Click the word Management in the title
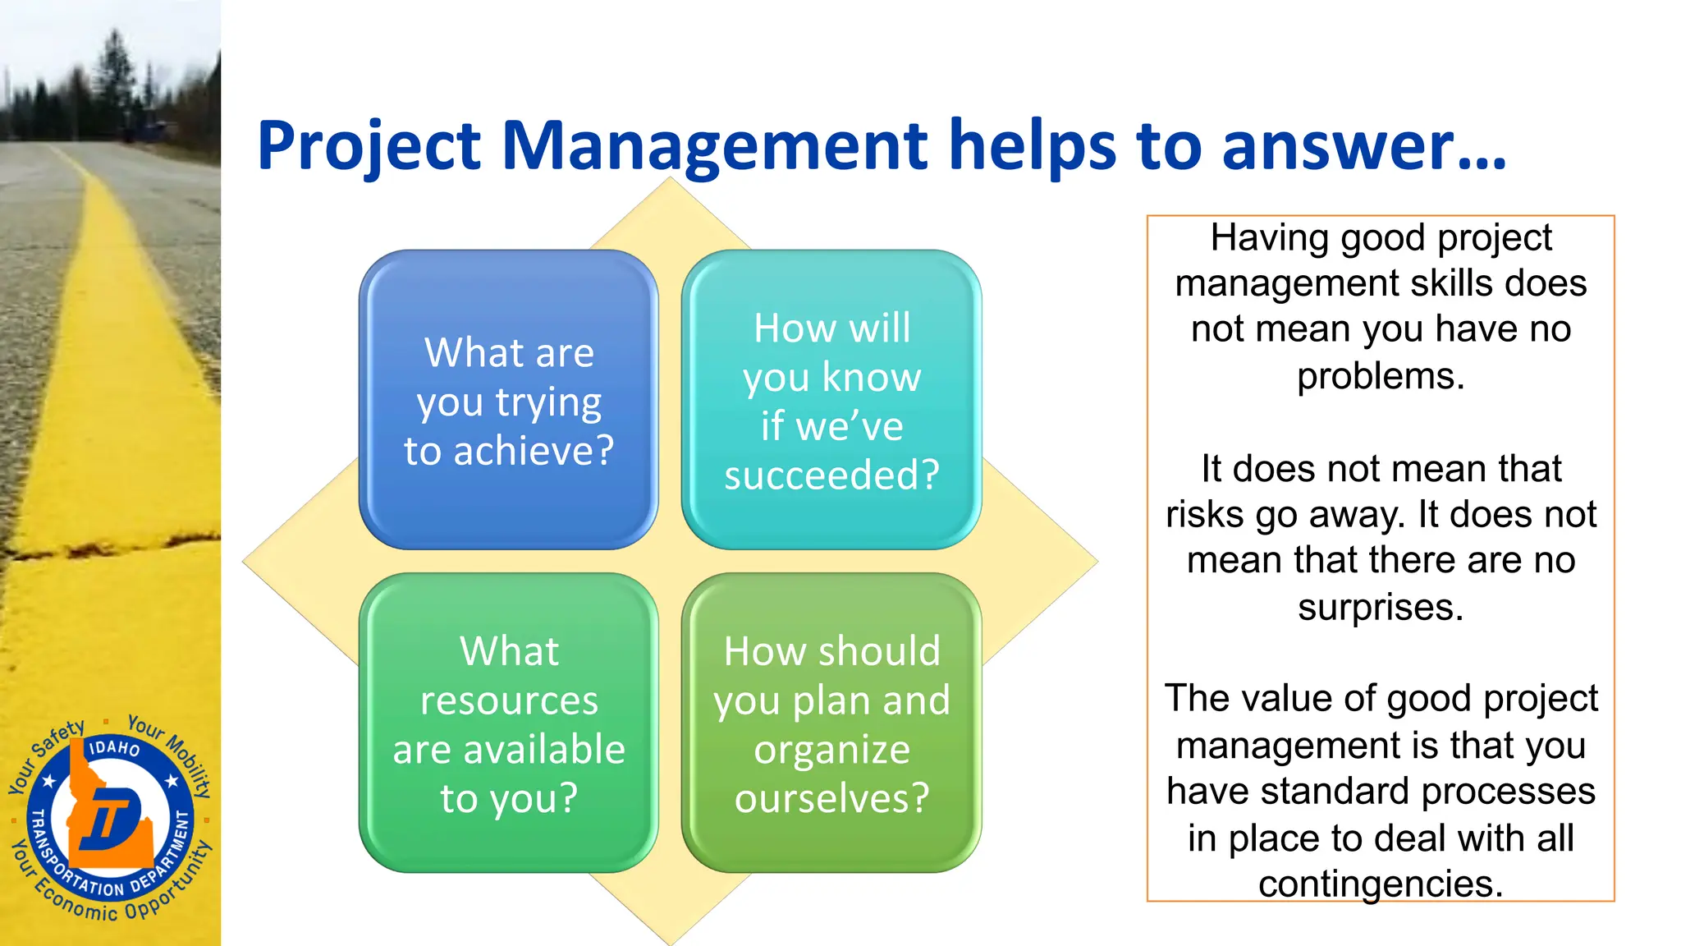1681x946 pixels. tap(714, 146)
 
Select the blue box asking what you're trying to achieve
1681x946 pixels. tap(509, 400)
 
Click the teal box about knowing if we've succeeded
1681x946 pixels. tap(831, 400)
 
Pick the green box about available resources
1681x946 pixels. tap(509, 723)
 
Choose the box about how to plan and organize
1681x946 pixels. tap(831, 723)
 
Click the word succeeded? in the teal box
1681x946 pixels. tap(831, 475)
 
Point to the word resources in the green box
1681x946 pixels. tap(509, 700)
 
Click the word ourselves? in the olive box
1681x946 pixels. tap(831, 797)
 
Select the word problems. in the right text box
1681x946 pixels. tap(1381, 376)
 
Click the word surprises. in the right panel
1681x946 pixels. tap(1381, 608)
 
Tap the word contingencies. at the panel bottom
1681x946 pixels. tap(1381, 884)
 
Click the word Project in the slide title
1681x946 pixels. tap(369, 146)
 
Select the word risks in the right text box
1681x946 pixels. tap(1205, 515)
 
